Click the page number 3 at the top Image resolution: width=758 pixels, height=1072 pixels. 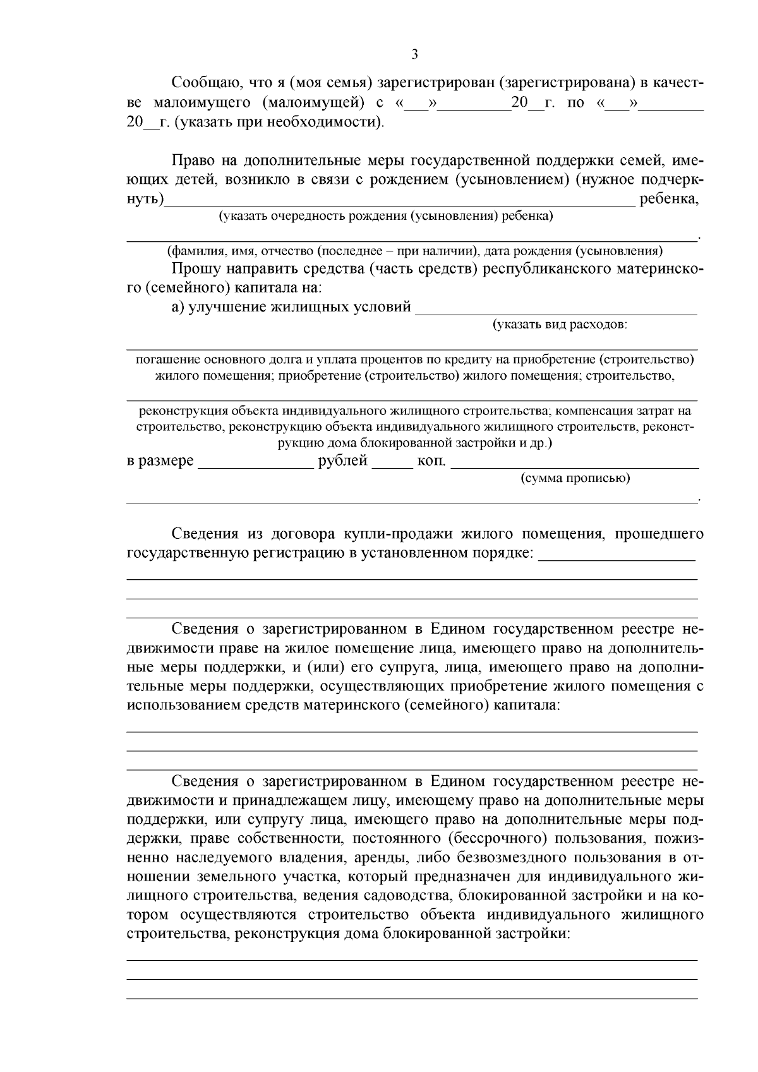[x=414, y=54]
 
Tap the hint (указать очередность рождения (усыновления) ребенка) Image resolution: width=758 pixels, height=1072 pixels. [x=385, y=217]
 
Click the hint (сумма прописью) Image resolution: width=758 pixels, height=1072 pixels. [x=575, y=478]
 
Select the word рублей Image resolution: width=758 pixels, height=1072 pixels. [x=342, y=461]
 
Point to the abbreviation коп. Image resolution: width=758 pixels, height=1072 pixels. [x=431, y=461]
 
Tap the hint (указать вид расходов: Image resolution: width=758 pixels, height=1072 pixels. [x=560, y=325]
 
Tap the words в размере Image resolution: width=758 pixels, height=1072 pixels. [x=160, y=461]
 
